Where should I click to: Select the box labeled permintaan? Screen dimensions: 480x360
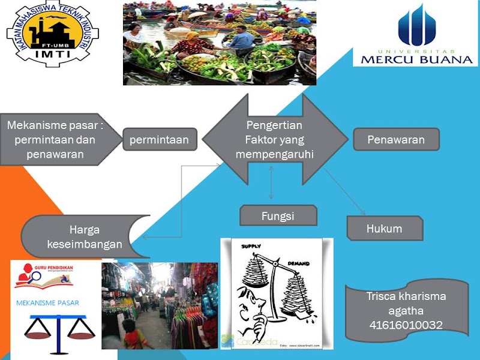point(160,140)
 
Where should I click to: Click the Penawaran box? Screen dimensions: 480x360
point(396,140)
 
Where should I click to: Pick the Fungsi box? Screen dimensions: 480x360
point(278,216)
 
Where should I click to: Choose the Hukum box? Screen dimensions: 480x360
point(385,229)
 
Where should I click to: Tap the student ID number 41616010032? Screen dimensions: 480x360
point(406,326)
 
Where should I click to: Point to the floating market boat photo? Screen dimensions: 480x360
point(219,43)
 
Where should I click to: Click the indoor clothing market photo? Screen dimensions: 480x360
point(160,306)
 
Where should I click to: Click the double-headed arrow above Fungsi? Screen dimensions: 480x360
point(272,183)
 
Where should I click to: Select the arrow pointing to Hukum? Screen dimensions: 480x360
point(346,193)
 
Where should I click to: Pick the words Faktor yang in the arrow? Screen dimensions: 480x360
point(274,140)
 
